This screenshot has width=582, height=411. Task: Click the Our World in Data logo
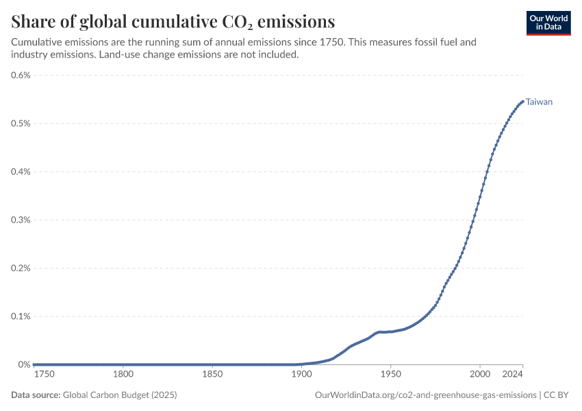[x=548, y=23]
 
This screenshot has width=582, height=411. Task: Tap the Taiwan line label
[x=539, y=102]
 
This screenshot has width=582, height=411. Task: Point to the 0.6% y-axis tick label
[x=21, y=75]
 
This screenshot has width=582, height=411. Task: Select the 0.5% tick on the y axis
[x=21, y=123]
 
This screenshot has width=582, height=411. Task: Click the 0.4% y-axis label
[x=21, y=171]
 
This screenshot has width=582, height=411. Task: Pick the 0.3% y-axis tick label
[x=21, y=220]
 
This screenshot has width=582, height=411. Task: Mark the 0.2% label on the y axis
[x=21, y=268]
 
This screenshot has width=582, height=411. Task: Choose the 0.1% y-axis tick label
[x=21, y=316]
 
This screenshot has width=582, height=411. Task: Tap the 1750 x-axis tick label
[x=44, y=374]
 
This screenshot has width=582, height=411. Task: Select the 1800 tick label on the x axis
[x=123, y=374]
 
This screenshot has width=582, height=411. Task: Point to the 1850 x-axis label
[x=212, y=374]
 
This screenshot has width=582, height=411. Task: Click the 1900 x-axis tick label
[x=301, y=374]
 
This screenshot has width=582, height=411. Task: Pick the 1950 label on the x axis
[x=391, y=374]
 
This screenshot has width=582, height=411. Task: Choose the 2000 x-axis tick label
[x=480, y=374]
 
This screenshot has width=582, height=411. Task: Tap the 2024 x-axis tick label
[x=513, y=374]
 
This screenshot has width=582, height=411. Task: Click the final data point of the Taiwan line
[x=522, y=101]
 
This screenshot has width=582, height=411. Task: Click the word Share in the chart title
[x=33, y=21]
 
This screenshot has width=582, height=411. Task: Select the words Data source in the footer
[x=36, y=395]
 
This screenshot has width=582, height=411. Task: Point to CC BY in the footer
[x=556, y=395]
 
